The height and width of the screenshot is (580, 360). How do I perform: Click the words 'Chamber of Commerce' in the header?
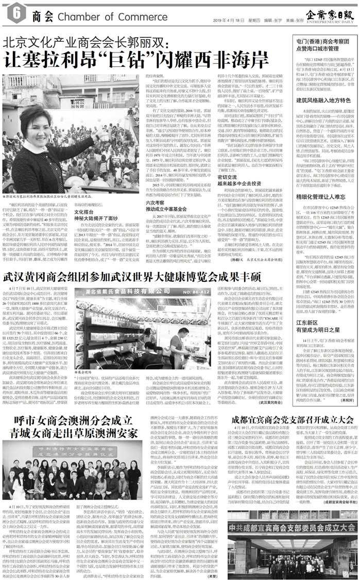tap(99, 18)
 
